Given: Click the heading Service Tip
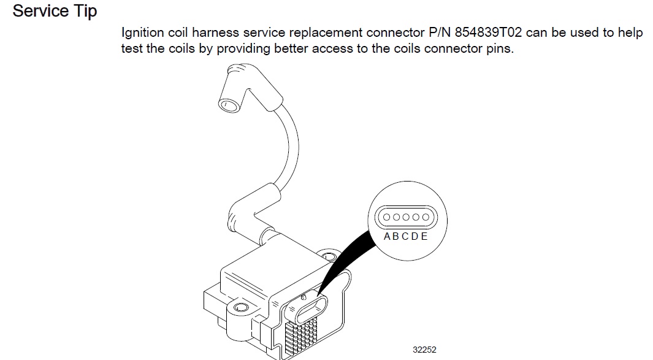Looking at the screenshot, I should (55, 11).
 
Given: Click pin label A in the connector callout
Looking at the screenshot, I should (388, 237).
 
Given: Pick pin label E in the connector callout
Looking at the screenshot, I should (424, 237).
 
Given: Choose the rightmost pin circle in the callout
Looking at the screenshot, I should (423, 216).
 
